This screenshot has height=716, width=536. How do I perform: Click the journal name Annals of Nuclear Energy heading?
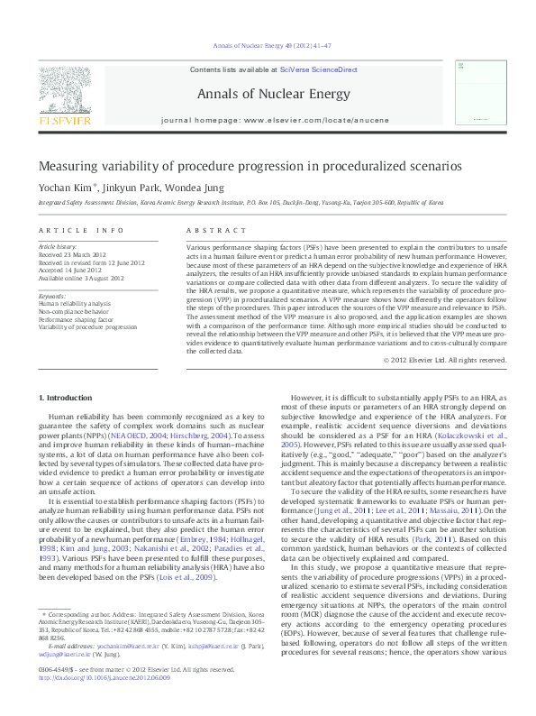tap(268, 92)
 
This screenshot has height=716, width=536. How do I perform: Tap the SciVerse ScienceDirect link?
tap(318, 69)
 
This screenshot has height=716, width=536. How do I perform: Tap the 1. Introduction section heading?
tap(68, 398)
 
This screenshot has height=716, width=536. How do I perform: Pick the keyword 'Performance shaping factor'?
tap(77, 319)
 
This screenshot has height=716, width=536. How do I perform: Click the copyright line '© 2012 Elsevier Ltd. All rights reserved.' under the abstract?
tap(432, 360)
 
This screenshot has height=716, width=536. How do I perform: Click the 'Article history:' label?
tap(57, 246)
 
